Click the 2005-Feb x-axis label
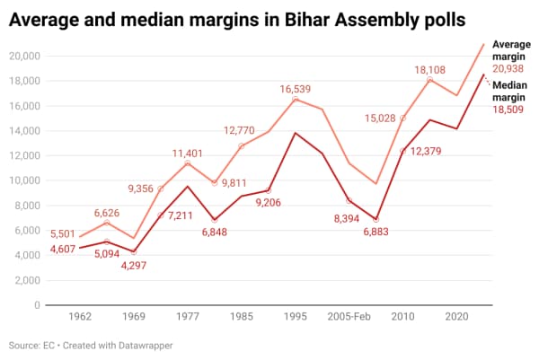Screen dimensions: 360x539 point(349,317)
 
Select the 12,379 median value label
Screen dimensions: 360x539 point(430,152)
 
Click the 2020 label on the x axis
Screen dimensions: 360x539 point(456,317)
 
